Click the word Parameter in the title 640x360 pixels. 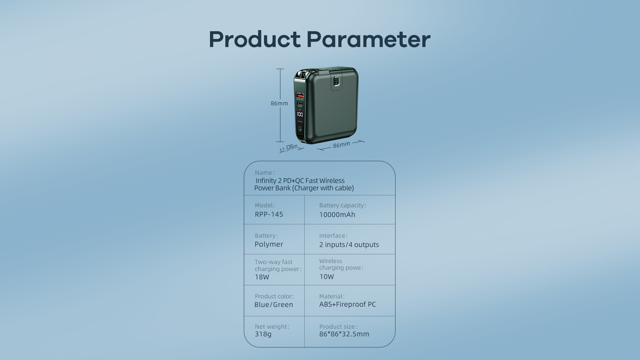[368, 39]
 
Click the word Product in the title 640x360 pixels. [255, 39]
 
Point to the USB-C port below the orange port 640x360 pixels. [300, 104]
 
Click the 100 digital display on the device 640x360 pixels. [300, 114]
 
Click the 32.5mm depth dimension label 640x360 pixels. [288, 148]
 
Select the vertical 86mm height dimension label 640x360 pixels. [279, 103]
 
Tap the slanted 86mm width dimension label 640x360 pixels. [342, 145]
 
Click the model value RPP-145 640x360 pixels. [269, 214]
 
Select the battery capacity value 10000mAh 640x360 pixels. [337, 215]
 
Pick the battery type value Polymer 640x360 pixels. [269, 244]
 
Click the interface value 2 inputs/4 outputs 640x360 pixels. [349, 245]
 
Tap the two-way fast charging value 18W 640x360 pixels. [262, 277]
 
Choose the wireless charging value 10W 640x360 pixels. [327, 277]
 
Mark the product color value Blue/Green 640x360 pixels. [274, 305]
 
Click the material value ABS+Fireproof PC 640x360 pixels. [348, 304]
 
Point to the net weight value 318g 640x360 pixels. [263, 334]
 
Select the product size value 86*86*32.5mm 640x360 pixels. [344, 334]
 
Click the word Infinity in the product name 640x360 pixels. [266, 181]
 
